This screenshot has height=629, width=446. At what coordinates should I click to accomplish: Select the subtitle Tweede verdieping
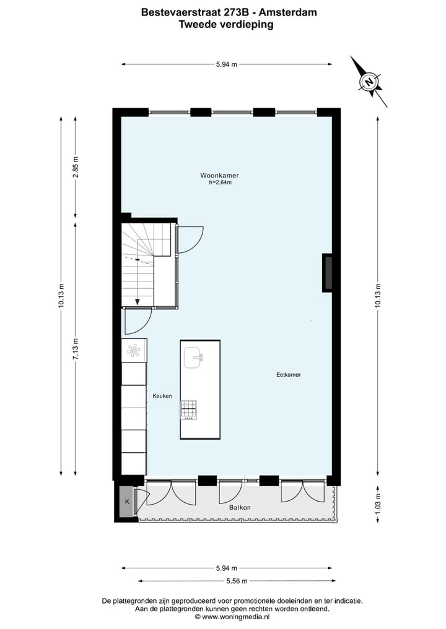pyautogui.click(x=225, y=25)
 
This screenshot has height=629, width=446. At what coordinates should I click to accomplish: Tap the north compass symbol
pyautogui.click(x=370, y=82)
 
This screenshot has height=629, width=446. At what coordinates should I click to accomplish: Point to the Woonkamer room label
pyautogui.click(x=219, y=175)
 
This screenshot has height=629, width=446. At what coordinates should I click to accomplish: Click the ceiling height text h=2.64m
pyautogui.click(x=220, y=182)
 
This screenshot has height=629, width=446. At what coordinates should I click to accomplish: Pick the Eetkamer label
pyautogui.click(x=288, y=375)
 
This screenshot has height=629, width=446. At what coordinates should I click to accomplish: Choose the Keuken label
pyautogui.click(x=162, y=396)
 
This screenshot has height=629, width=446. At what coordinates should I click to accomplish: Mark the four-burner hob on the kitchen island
pyautogui.click(x=190, y=409)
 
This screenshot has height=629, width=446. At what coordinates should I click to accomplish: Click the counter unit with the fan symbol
pyautogui.click(x=134, y=350)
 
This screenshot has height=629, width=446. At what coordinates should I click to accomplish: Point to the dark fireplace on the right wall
pyautogui.click(x=328, y=272)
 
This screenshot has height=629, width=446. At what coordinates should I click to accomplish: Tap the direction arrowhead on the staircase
pyautogui.click(x=137, y=302)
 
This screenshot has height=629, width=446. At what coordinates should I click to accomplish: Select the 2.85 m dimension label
pyautogui.click(x=76, y=167)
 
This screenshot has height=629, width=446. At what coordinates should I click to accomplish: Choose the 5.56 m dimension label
pyautogui.click(x=237, y=581)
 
